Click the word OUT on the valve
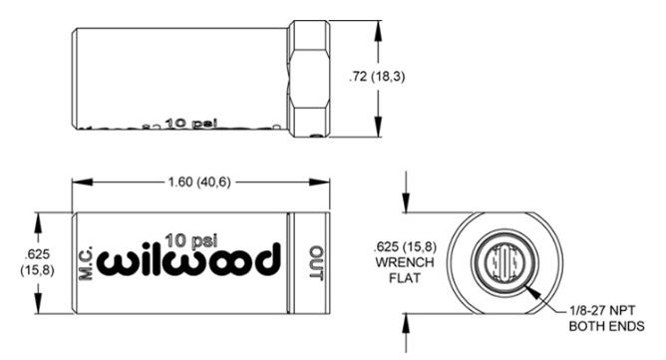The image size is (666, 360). coord(316,262)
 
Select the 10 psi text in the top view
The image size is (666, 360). coord(191,123)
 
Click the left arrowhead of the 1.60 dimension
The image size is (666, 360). coord(78,182)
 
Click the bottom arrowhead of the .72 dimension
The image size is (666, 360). coord(378,133)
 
